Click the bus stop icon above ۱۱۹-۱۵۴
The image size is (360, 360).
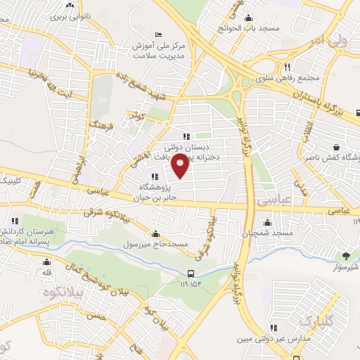click(x=192, y=274)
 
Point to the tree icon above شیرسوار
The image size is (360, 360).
click(x=345, y=255)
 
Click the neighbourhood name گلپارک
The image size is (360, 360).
click(x=314, y=322)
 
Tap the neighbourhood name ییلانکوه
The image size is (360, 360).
click(x=60, y=292)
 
